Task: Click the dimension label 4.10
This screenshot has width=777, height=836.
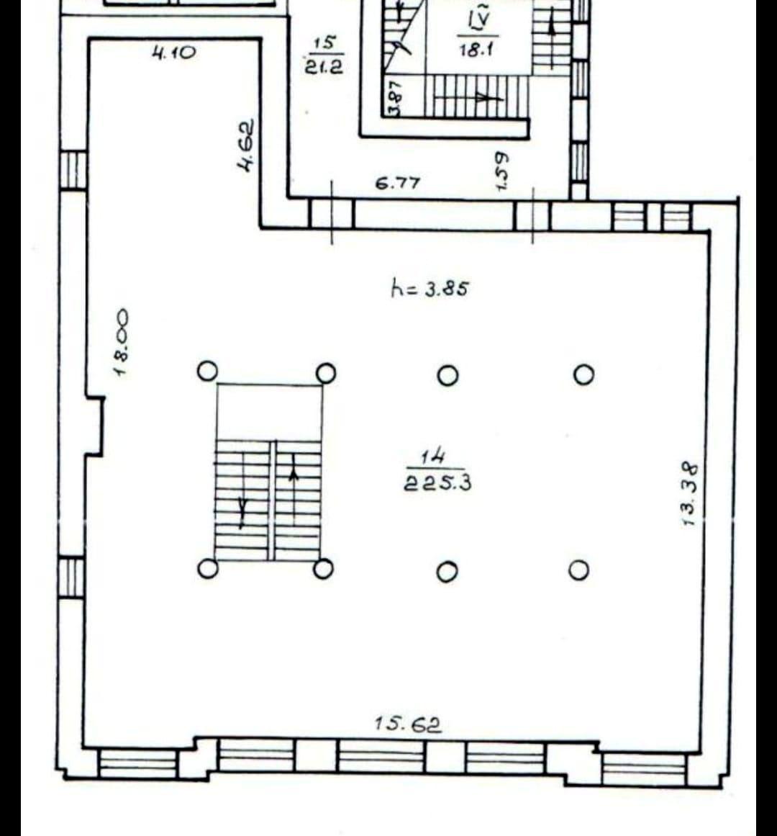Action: click(173, 52)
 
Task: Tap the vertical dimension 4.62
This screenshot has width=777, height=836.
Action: click(246, 145)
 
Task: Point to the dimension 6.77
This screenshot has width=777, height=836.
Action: click(398, 183)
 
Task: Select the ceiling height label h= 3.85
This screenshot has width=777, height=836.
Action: click(430, 289)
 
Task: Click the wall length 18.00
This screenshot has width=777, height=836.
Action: click(122, 342)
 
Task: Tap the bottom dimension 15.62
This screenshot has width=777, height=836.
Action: click(408, 724)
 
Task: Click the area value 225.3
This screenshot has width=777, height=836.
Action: click(437, 483)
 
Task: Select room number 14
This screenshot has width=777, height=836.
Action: click(433, 456)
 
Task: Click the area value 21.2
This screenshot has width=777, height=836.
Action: click(324, 66)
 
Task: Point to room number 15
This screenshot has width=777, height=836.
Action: click(324, 42)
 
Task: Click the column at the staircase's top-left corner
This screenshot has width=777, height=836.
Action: click(207, 372)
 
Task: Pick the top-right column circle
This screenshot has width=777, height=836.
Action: click(583, 374)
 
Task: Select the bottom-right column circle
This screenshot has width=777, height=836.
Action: click(578, 570)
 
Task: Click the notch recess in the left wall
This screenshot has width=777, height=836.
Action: click(94, 426)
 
